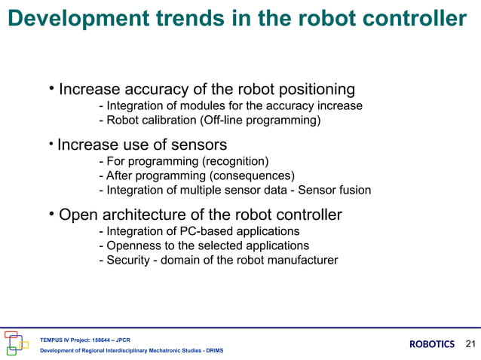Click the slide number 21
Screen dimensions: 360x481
(471, 344)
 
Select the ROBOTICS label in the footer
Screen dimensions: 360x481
(431, 344)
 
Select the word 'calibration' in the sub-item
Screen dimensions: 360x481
(171, 121)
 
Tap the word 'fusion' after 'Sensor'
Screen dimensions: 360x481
(353, 190)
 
